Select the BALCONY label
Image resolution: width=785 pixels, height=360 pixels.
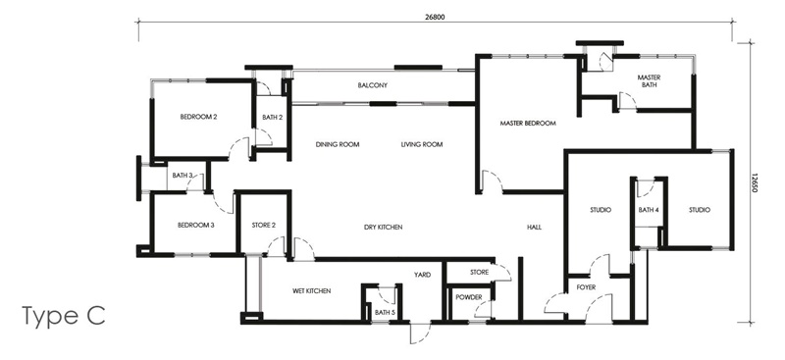372,85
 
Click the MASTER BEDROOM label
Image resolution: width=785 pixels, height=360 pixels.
527,124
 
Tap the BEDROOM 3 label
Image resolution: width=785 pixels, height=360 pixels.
195,225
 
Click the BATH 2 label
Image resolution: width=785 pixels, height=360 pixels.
272,118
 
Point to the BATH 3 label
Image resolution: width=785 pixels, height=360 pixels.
183,176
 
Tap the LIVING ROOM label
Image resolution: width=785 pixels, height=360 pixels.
422,145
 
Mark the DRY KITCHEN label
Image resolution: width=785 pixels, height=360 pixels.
383,228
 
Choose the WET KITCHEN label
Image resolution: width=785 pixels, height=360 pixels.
311,291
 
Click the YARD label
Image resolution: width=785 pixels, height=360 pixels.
422,275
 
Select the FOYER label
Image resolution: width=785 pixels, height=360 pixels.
587,288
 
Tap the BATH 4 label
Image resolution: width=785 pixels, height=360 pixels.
649,210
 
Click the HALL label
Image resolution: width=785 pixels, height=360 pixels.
534,228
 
